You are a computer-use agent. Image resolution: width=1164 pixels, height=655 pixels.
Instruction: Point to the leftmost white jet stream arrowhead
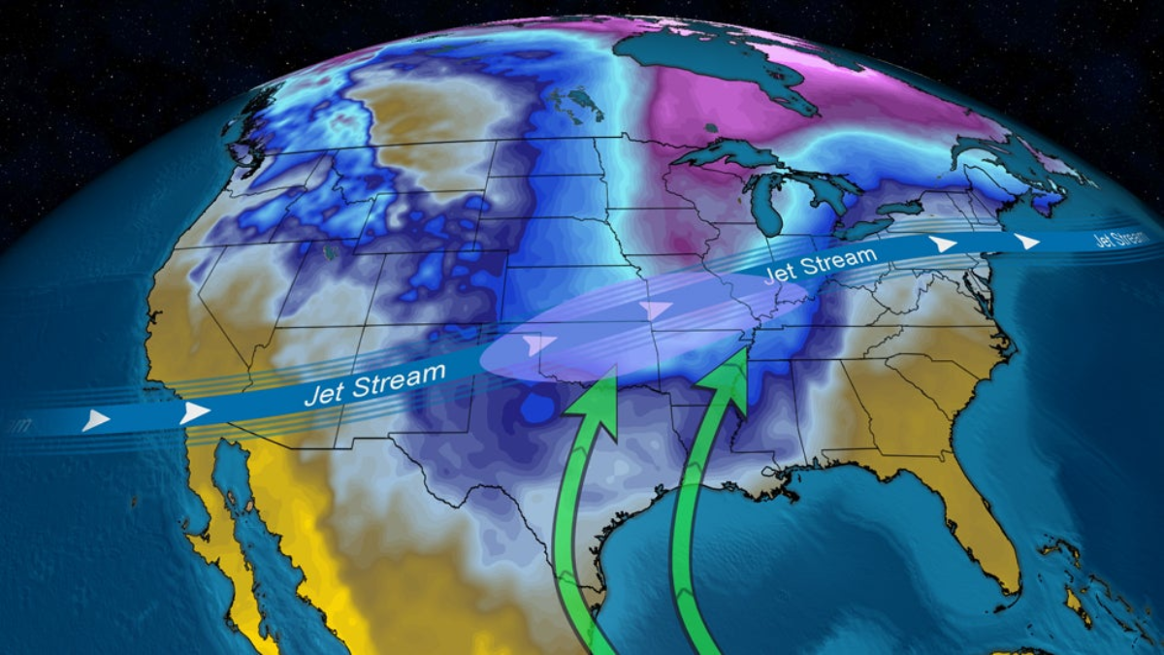coord(95,420)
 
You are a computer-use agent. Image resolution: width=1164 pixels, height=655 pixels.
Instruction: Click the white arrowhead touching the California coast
coord(195,412)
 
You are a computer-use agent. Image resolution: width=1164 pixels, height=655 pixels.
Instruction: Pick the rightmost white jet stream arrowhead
coord(1026,242)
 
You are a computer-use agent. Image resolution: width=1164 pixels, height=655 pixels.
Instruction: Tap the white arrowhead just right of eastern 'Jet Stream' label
coord(941,245)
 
